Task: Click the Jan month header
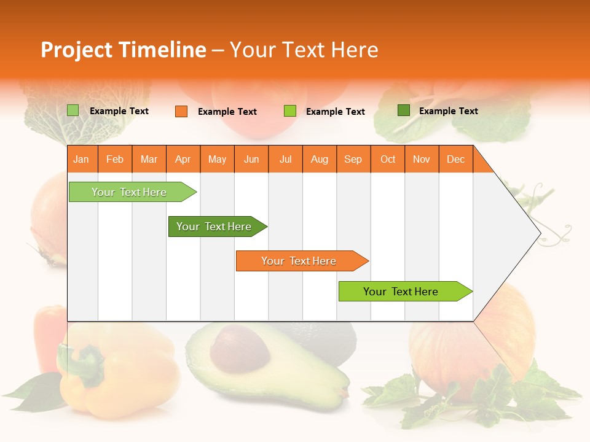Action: point(82,159)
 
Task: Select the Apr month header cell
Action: point(183,159)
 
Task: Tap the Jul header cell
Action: point(286,159)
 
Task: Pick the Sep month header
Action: point(353,159)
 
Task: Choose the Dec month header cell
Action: point(455,159)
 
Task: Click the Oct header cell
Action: point(388,159)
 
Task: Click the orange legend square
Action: point(181,111)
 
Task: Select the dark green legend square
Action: point(403,110)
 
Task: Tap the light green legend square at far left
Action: point(73,110)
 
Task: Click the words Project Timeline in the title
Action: point(123,50)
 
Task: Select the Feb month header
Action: point(115,159)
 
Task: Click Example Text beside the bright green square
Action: point(335,112)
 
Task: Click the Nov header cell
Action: point(422,159)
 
